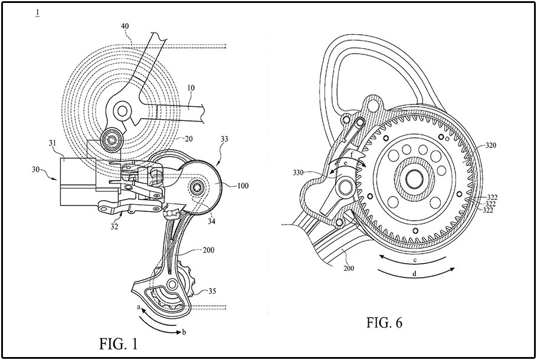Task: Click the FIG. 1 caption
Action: [119, 343]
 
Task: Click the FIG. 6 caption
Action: [384, 322]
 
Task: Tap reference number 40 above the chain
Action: [125, 26]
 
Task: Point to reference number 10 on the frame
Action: [191, 88]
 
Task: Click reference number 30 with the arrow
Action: [37, 169]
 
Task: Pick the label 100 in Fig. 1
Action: [243, 186]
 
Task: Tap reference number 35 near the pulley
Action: [212, 291]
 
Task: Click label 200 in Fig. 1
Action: [208, 250]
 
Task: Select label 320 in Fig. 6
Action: [490, 146]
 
